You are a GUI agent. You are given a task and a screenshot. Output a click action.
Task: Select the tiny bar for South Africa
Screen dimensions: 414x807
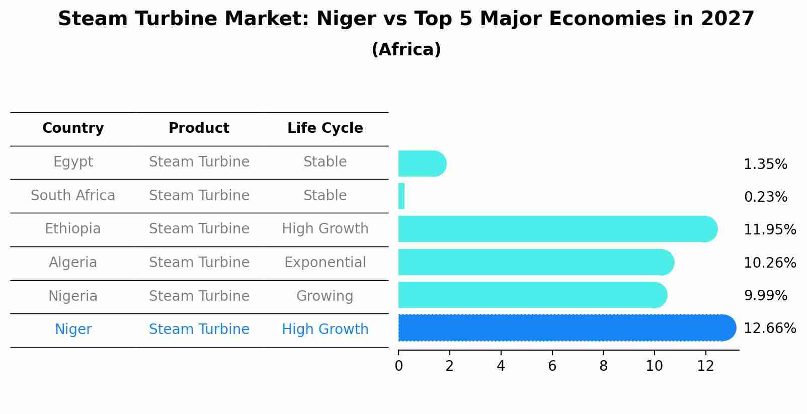(x=401, y=196)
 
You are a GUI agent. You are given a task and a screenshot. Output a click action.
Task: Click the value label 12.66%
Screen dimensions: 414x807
(x=770, y=328)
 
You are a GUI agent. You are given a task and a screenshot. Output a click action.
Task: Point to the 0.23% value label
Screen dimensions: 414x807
(x=765, y=197)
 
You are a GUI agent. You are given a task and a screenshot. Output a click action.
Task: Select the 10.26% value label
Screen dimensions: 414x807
(x=770, y=263)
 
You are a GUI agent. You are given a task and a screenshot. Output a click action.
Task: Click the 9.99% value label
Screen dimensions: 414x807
(x=765, y=296)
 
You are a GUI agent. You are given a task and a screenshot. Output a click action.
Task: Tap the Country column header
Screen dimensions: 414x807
(x=73, y=128)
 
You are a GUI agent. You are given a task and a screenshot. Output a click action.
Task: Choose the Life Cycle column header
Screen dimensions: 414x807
(x=325, y=128)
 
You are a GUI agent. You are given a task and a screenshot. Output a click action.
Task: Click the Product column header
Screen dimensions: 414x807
(x=199, y=128)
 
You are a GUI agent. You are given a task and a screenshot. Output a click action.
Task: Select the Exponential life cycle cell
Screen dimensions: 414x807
(x=325, y=263)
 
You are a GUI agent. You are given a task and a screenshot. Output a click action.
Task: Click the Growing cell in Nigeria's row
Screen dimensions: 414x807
(x=325, y=296)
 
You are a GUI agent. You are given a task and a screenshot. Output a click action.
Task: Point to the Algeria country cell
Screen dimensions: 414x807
(x=73, y=263)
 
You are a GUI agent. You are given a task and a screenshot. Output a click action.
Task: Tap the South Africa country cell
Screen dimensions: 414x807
(x=73, y=196)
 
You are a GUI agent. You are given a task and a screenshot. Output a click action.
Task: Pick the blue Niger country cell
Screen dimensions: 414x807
(x=73, y=329)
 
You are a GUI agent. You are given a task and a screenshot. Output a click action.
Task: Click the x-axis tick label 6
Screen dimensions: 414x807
(x=552, y=366)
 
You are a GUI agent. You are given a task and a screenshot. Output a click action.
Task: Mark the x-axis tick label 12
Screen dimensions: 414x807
(x=705, y=366)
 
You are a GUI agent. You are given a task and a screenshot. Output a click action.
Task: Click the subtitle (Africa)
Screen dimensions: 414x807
(x=406, y=50)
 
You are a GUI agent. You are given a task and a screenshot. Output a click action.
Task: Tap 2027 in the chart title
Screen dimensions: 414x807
(x=727, y=19)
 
